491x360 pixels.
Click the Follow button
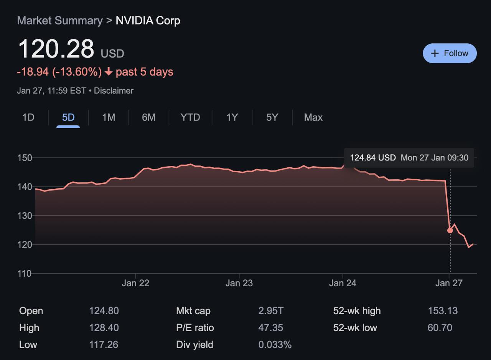(450, 53)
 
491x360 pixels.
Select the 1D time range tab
(28, 117)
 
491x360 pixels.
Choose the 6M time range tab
(148, 117)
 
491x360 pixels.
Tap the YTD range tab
(190, 117)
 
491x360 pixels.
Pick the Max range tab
(313, 117)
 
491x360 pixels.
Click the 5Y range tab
(272, 117)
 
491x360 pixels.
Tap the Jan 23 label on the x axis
(239, 283)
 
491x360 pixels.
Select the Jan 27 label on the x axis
(449, 283)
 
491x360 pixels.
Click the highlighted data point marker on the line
(450, 230)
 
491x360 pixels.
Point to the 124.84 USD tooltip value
(372, 158)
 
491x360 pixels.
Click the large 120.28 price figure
(56, 49)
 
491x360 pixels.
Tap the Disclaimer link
(114, 91)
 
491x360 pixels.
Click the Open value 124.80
(104, 310)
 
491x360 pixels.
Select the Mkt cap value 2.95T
(271, 310)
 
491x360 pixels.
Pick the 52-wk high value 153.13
(442, 310)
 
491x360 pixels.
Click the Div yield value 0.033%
(275, 344)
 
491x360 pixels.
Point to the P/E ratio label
(195, 328)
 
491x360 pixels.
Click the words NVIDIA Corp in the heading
(148, 20)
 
